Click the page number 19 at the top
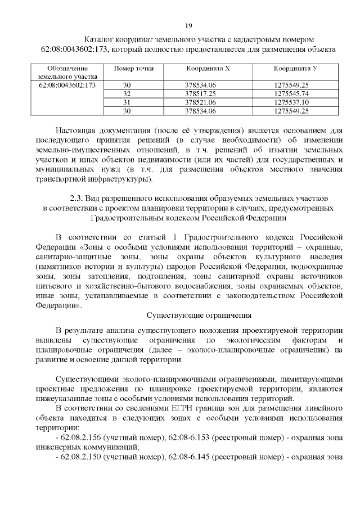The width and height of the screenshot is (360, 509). [x=188, y=26]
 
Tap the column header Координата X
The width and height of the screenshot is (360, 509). [x=208, y=68]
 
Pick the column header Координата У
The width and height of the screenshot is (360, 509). [x=296, y=68]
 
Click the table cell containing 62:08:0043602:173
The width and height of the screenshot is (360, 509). [x=66, y=84]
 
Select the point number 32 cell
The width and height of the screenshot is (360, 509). [x=127, y=93]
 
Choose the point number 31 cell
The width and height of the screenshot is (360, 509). [x=127, y=102]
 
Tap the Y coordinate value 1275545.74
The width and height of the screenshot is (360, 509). [x=288, y=93]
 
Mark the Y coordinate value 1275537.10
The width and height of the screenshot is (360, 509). [x=288, y=102]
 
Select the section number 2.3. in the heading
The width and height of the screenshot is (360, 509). [x=77, y=199]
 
